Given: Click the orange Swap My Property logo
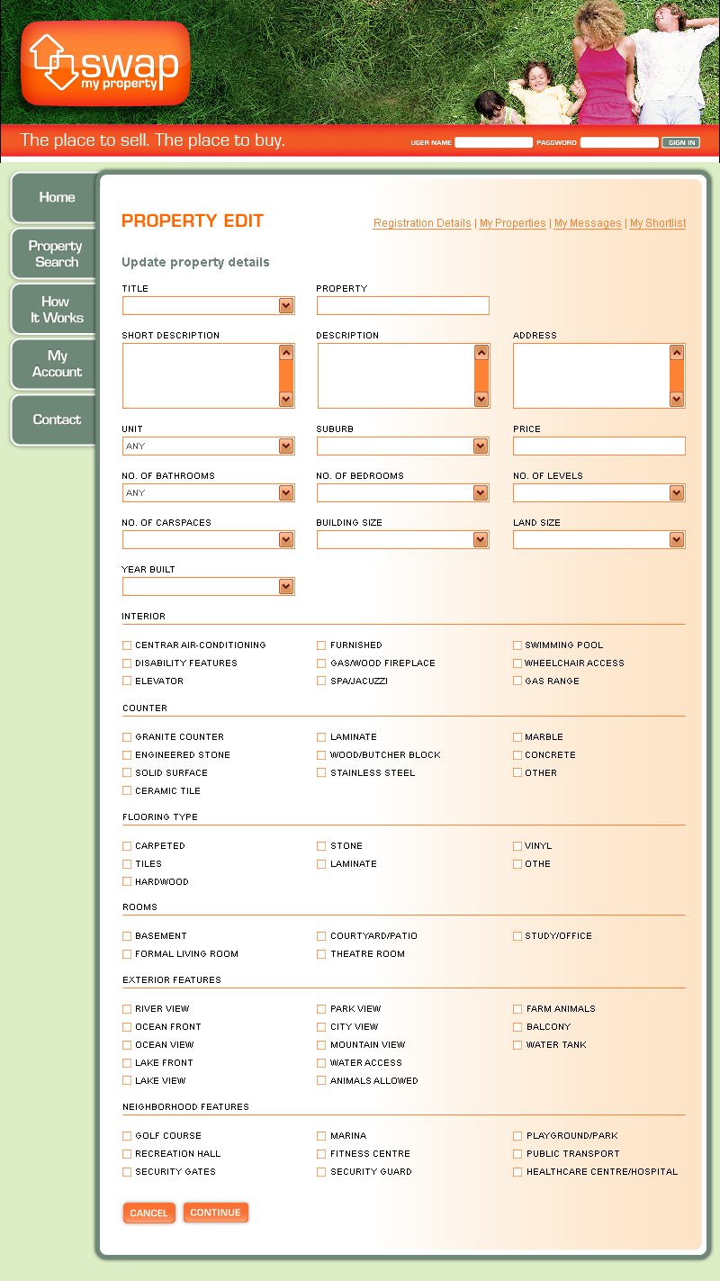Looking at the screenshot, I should (105, 64).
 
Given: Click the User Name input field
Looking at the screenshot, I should (493, 142).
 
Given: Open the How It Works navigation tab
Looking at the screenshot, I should (56, 310).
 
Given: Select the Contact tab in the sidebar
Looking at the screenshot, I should (56, 419).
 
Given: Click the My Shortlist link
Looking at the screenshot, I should (658, 223).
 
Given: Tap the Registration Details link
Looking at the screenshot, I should (422, 223).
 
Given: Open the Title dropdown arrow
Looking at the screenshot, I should (286, 306).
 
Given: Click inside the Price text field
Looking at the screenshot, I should (598, 447).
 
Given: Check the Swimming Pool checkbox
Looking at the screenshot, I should (517, 645).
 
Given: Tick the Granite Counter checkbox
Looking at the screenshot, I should (127, 737).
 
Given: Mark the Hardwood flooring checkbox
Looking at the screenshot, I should (127, 882).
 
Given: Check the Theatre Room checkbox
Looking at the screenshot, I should (321, 954).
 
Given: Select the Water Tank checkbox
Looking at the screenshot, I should (517, 1045).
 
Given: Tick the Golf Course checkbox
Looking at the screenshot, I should (127, 1136).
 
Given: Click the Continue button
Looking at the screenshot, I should (215, 1213).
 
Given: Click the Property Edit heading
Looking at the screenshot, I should (193, 221).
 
